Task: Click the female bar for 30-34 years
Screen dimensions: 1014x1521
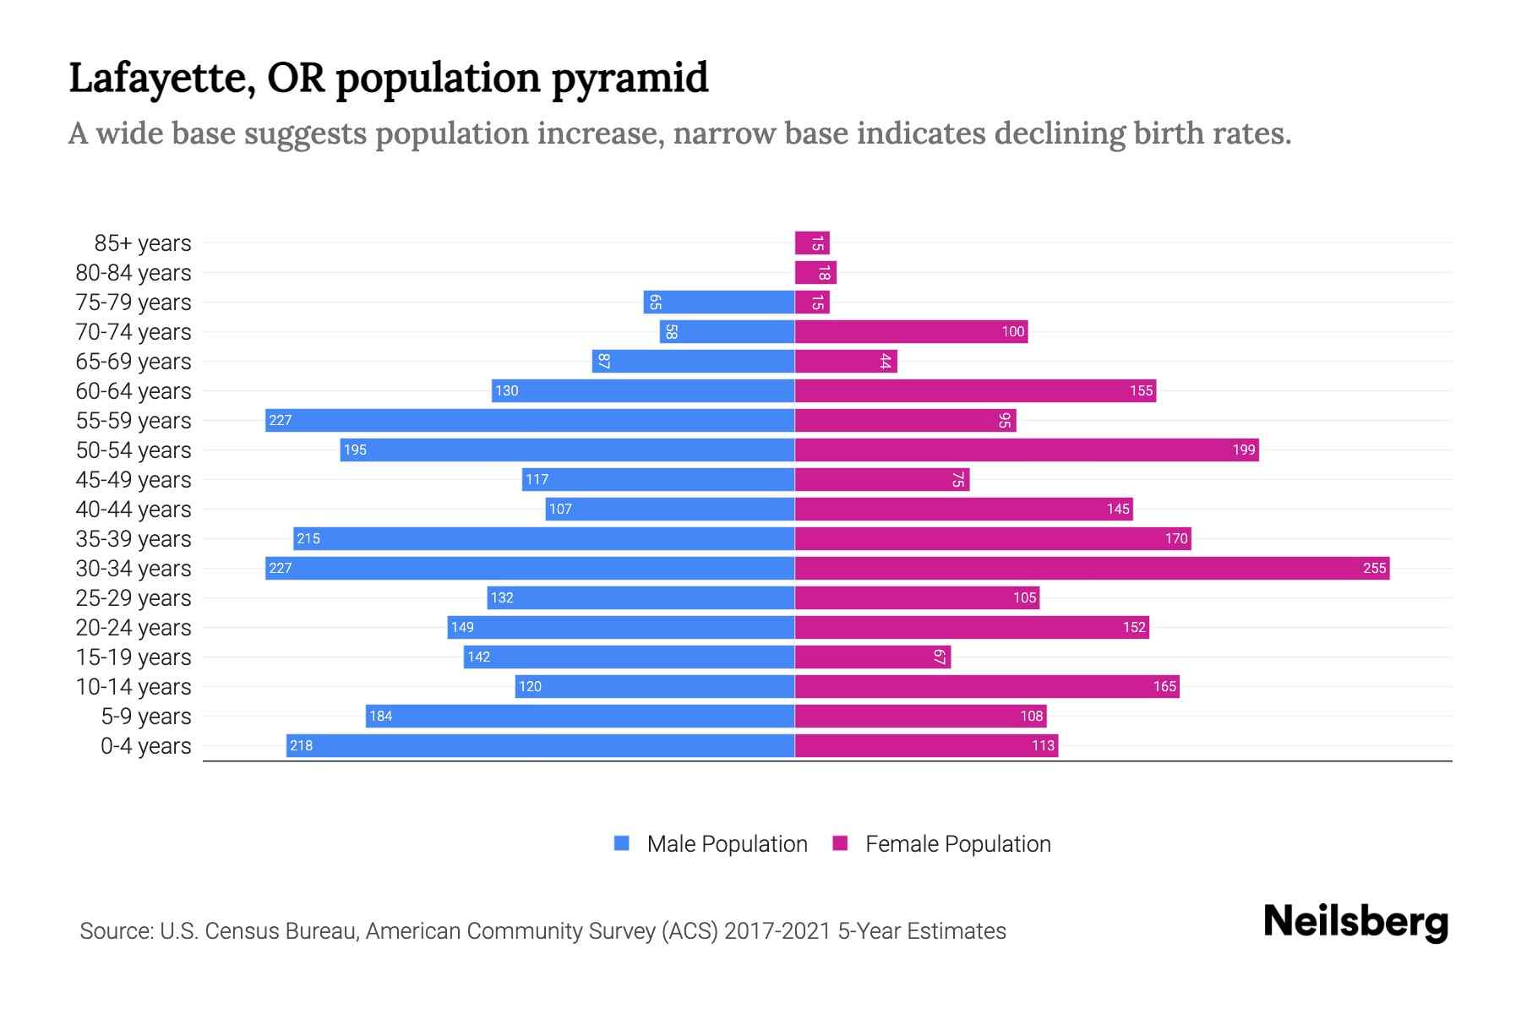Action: [x=1092, y=568]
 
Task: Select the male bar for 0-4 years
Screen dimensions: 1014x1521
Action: [x=541, y=745]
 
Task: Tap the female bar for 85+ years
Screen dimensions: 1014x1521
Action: [x=812, y=243]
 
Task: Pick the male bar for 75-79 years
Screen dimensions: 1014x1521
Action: [x=718, y=302]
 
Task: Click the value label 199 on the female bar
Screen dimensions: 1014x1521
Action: [x=1244, y=450]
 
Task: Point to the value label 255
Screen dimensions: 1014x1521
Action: [x=1375, y=568]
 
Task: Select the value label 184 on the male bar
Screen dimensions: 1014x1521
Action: [x=381, y=716]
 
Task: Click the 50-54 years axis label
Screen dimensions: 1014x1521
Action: [x=134, y=450]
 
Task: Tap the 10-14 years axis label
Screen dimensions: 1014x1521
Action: [x=134, y=686]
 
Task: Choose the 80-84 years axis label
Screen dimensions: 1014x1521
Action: [x=134, y=272]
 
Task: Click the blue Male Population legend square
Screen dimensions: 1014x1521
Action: [x=622, y=843]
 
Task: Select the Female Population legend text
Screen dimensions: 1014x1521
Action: [x=957, y=843]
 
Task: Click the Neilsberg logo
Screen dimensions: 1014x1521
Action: [x=1355, y=921]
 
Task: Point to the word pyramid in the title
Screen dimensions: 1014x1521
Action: [x=630, y=78]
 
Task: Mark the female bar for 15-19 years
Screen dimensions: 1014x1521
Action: [x=873, y=657]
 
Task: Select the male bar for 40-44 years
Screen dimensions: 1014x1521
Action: [x=670, y=509]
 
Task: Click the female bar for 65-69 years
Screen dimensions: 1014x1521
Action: [x=846, y=361]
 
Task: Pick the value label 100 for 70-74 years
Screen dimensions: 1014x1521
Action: [x=1013, y=331]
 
